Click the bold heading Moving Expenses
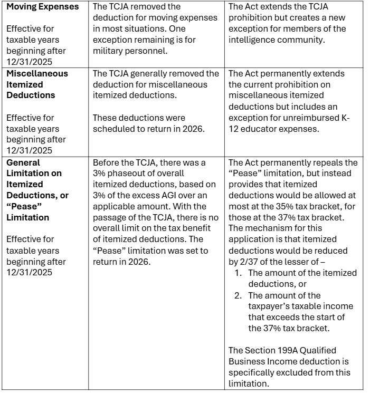42,7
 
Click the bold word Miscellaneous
37,73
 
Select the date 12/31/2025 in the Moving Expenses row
29,62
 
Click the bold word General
23,162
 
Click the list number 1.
238,273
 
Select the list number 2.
238,295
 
